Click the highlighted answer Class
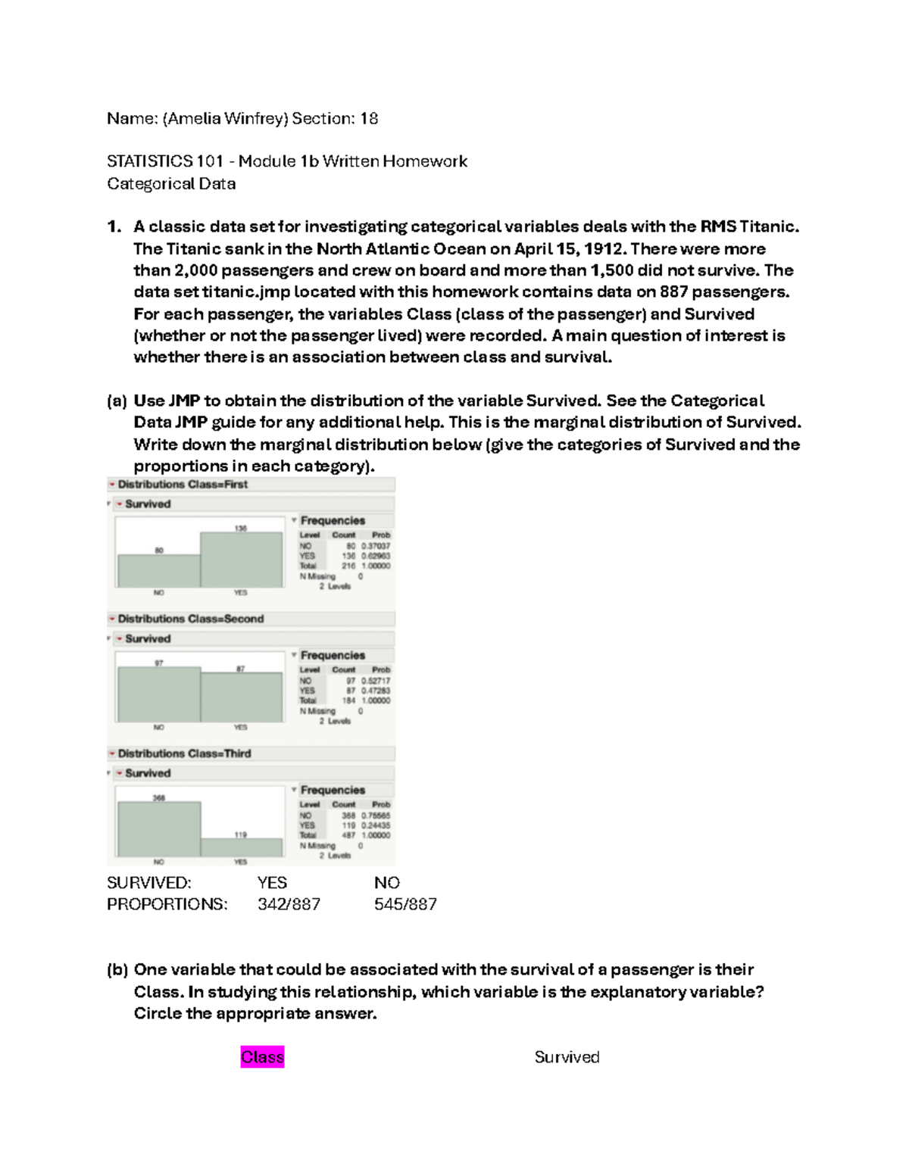pyautogui.click(x=262, y=1056)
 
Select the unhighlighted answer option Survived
pyautogui.click(x=567, y=1056)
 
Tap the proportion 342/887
pyautogui.click(x=289, y=904)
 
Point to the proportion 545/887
pyautogui.click(x=405, y=904)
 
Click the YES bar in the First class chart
pyautogui.click(x=241, y=560)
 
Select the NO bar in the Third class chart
pyautogui.click(x=159, y=829)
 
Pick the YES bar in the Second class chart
pyautogui.click(x=241, y=697)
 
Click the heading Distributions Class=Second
pyautogui.click(x=190, y=619)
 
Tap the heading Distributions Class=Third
pyautogui.click(x=184, y=753)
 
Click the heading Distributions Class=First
pyautogui.click(x=183, y=484)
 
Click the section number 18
pyautogui.click(x=369, y=118)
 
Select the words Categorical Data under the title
pyautogui.click(x=171, y=183)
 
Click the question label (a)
pyautogui.click(x=117, y=401)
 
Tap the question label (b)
pyautogui.click(x=117, y=969)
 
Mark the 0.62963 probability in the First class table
pyautogui.click(x=376, y=555)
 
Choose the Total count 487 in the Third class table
pyautogui.click(x=348, y=835)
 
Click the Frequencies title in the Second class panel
pyautogui.click(x=333, y=655)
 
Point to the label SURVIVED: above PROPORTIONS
pyautogui.click(x=149, y=883)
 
